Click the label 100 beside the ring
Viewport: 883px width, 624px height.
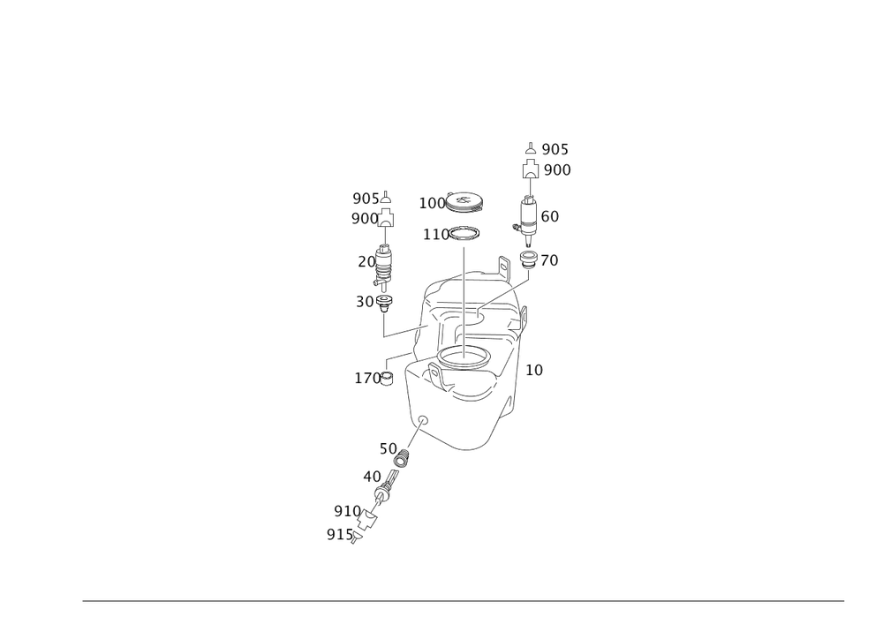tap(433, 202)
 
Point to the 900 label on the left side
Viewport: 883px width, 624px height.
tap(363, 218)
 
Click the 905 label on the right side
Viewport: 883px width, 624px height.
tap(556, 150)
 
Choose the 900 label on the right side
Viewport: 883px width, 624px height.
tap(556, 170)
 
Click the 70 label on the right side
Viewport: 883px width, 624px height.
tap(549, 260)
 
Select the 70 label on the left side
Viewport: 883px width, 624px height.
tap(363, 262)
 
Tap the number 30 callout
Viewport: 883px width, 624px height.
tap(364, 301)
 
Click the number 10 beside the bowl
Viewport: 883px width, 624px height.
tap(533, 370)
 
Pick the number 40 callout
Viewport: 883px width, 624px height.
tap(372, 475)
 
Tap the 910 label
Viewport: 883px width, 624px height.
tap(346, 511)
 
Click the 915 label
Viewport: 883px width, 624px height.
tap(339, 534)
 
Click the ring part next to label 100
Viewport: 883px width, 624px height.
tap(465, 201)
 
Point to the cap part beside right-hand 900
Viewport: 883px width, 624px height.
tap(529, 169)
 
